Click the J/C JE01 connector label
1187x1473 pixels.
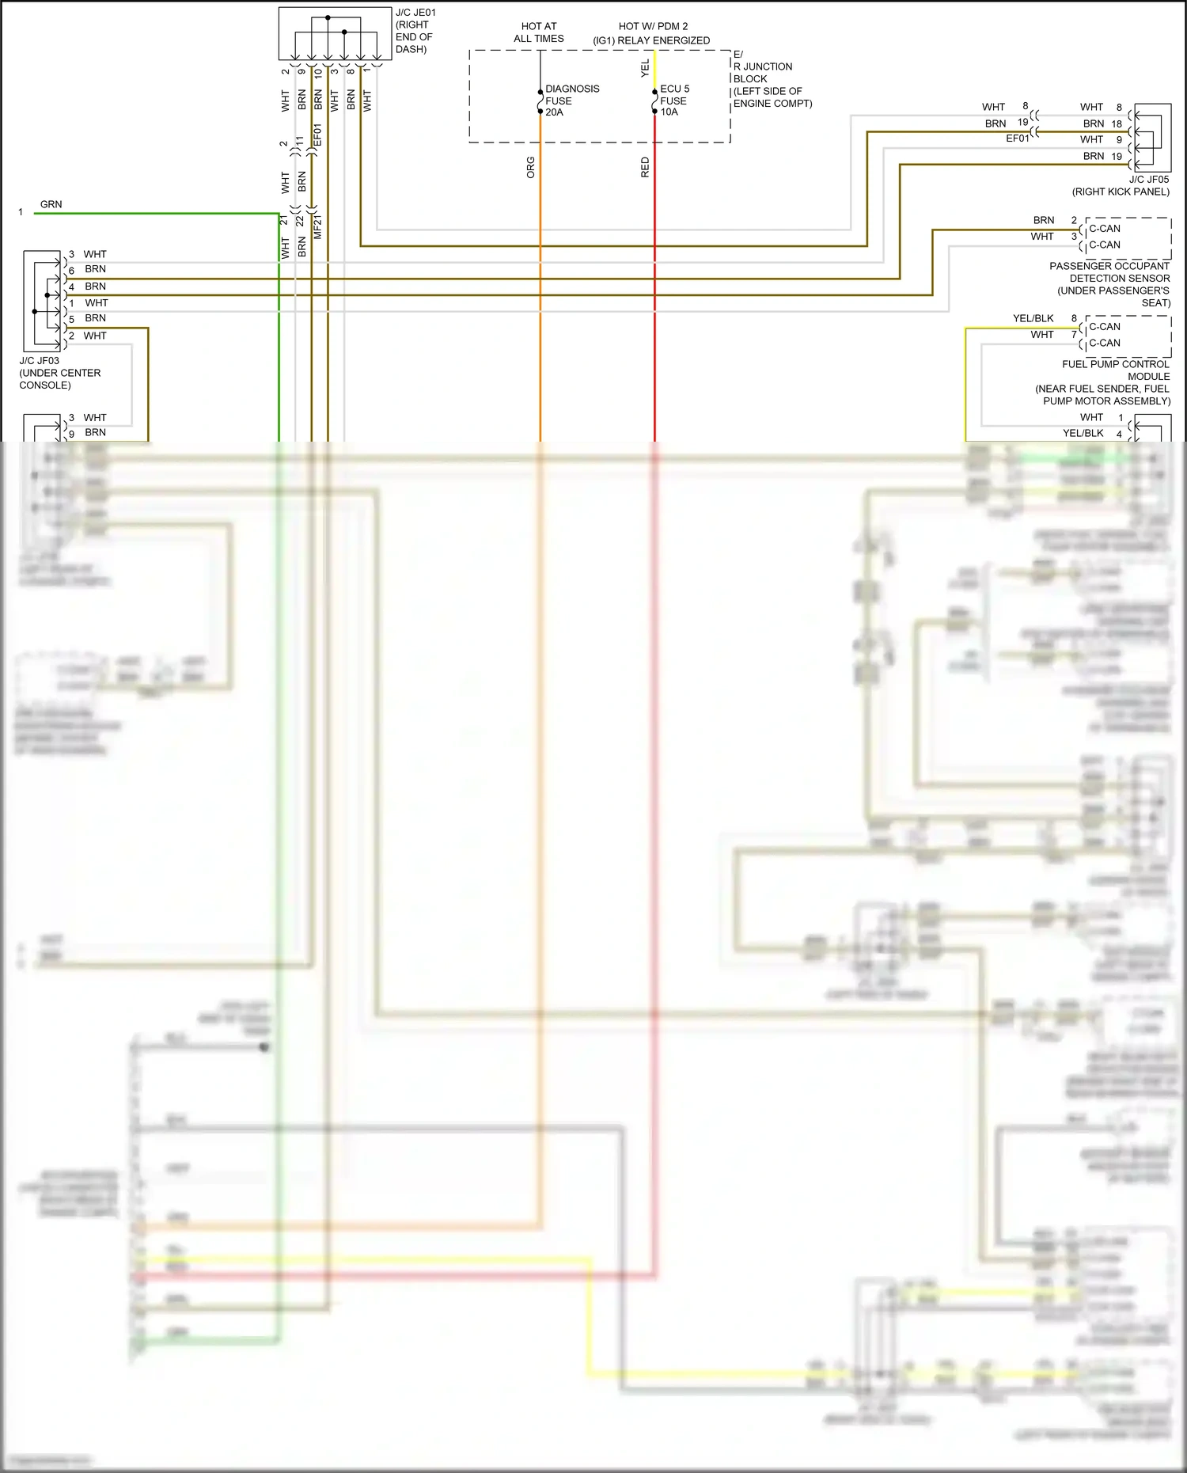pyautogui.click(x=415, y=13)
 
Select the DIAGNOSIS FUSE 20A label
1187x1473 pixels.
pyautogui.click(x=571, y=101)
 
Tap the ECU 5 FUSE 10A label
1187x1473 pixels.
pyautogui.click(x=674, y=101)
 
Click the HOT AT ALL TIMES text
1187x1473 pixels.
pyautogui.click(x=538, y=32)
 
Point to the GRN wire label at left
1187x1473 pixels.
pyautogui.click(x=51, y=204)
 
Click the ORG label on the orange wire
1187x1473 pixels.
pyautogui.click(x=531, y=167)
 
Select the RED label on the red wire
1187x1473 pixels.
pyautogui.click(x=645, y=167)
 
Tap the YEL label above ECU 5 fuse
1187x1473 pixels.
pyautogui.click(x=645, y=68)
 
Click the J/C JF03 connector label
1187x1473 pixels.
pyautogui.click(x=39, y=361)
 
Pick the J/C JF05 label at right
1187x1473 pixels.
pyautogui.click(x=1148, y=180)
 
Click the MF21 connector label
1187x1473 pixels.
pyautogui.click(x=318, y=226)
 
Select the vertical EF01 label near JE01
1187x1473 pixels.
pyautogui.click(x=318, y=135)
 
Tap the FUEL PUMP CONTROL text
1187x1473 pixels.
pyautogui.click(x=1115, y=364)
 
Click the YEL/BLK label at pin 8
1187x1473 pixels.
pyautogui.click(x=1033, y=318)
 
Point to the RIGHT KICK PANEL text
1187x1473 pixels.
pyautogui.click(x=1121, y=192)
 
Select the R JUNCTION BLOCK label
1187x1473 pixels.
pyautogui.click(x=763, y=73)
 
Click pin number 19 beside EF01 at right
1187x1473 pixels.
pyautogui.click(x=1022, y=122)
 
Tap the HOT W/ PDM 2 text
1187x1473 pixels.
pyautogui.click(x=653, y=26)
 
